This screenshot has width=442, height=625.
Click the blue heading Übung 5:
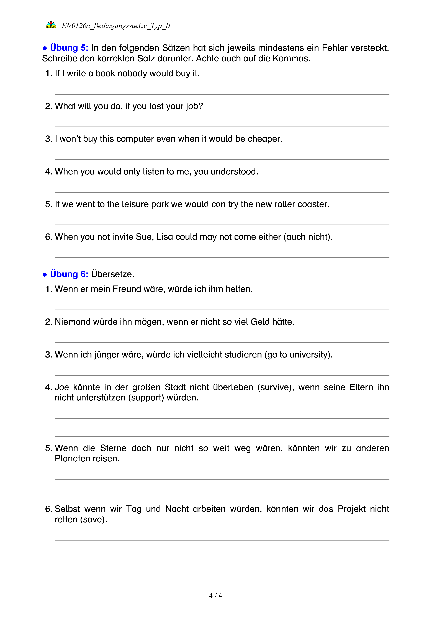tap(69, 48)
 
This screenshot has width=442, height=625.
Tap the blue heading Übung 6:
tap(69, 274)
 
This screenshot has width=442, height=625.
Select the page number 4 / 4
tap(215, 596)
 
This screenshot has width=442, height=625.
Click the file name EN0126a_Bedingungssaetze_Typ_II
tap(116, 26)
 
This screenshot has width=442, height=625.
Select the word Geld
tap(260, 322)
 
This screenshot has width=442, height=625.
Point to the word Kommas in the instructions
tap(291, 58)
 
